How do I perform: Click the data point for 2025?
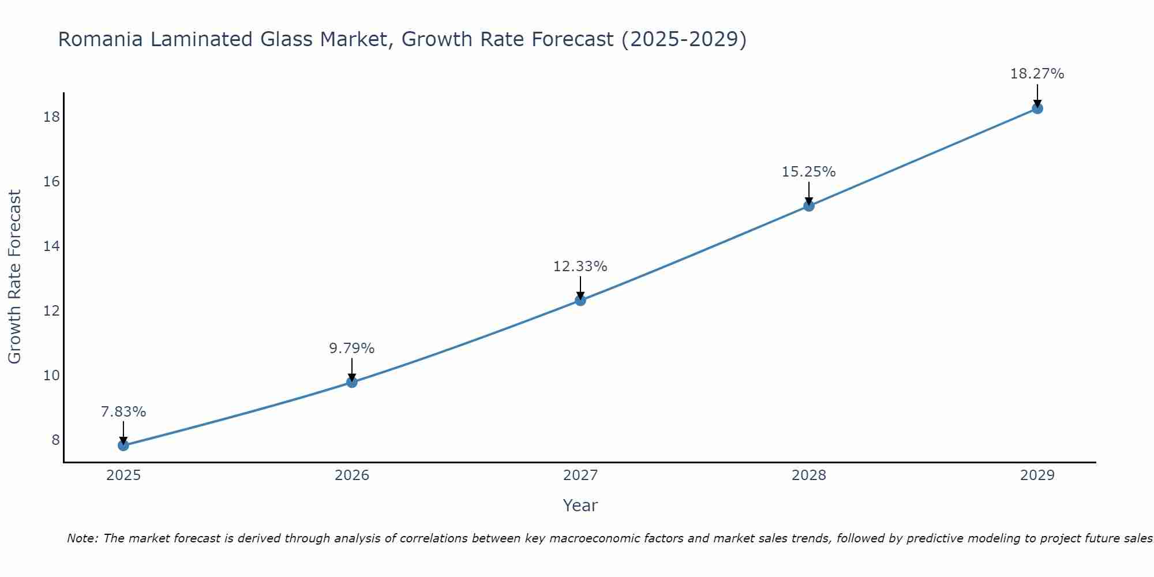coord(123,445)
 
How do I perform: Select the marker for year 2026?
coord(352,382)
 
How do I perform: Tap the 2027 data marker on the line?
coord(580,300)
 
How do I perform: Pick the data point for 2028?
coord(809,205)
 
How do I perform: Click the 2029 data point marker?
coord(1037,108)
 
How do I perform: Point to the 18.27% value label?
coord(1037,74)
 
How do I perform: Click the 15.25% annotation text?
coord(808,172)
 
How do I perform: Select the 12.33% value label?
coord(580,267)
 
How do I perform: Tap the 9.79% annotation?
coord(351,349)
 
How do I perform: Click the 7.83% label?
coord(123,412)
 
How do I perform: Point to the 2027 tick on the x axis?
coord(580,475)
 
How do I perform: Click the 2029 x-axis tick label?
coord(1037,475)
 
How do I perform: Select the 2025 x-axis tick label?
coord(123,475)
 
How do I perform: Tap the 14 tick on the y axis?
coord(51,246)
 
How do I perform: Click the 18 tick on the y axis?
coord(51,117)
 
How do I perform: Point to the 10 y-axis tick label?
coord(51,376)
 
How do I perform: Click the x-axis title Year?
coord(580,505)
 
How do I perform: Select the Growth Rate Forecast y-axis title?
coord(15,277)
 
